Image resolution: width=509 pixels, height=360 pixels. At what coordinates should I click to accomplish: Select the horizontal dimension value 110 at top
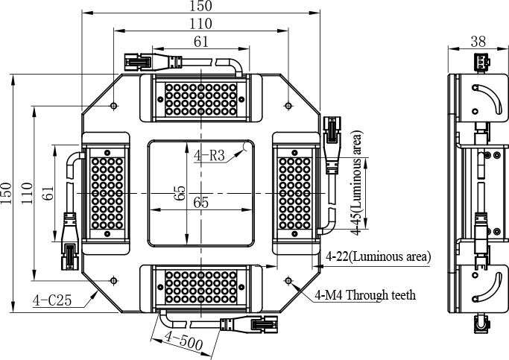(x=200, y=24)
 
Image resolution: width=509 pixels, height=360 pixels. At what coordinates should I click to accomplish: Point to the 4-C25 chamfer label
(x=52, y=301)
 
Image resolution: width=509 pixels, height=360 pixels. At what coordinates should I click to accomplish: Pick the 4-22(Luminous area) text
(x=379, y=256)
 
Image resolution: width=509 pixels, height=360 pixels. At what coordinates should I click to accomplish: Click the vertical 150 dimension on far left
(x=7, y=192)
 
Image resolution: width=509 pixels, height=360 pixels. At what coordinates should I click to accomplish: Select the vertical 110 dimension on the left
(x=26, y=192)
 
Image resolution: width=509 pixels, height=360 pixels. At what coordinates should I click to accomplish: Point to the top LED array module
(x=200, y=100)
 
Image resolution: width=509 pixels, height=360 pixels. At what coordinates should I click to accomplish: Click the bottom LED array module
(x=200, y=287)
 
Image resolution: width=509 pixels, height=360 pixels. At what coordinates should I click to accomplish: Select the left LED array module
(x=105, y=193)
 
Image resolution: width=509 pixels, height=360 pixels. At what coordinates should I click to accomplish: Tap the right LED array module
(x=297, y=193)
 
